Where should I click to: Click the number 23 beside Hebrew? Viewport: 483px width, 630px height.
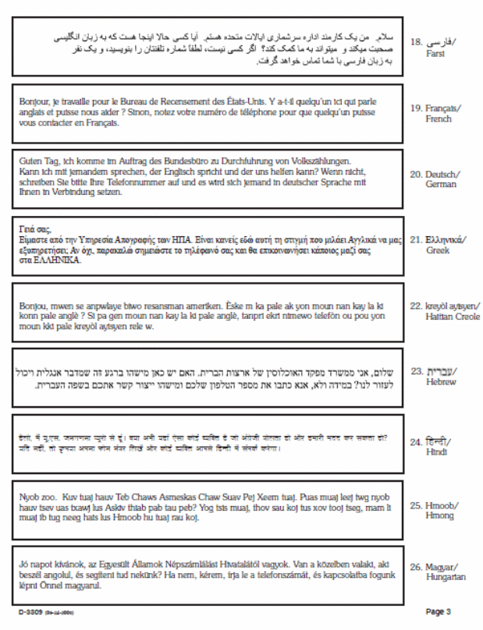tap(417, 370)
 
